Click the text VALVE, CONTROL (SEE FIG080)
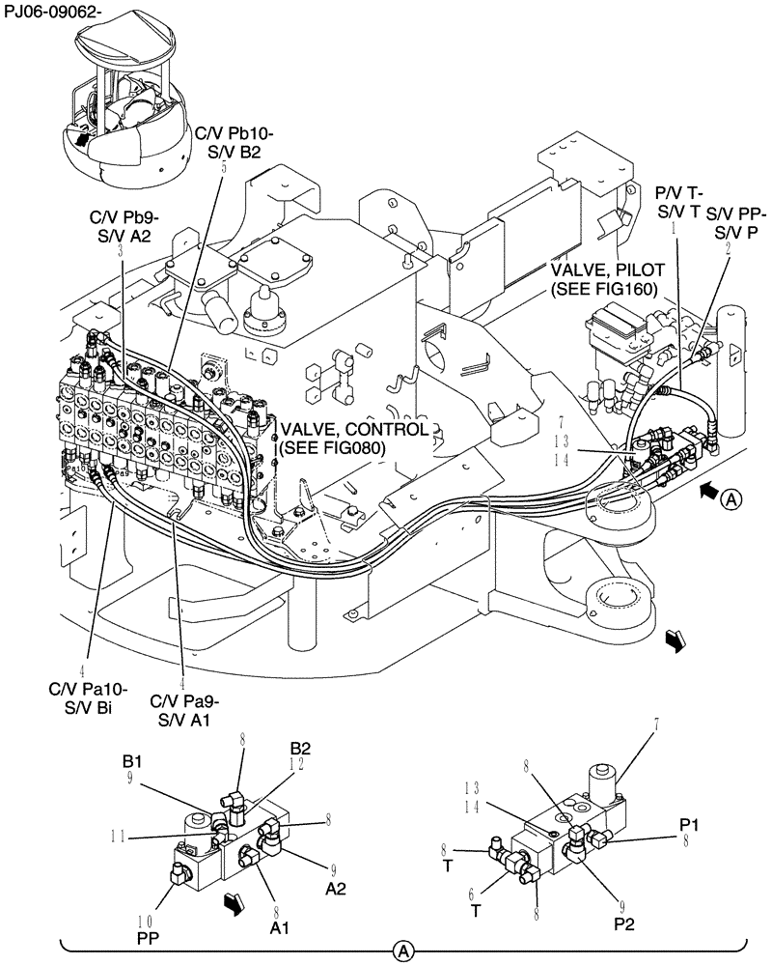pyautogui.click(x=352, y=438)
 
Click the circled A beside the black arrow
pyautogui.click(x=732, y=500)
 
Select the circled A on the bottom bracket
pyautogui.click(x=405, y=952)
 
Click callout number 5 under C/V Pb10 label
pyautogui.click(x=224, y=167)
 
